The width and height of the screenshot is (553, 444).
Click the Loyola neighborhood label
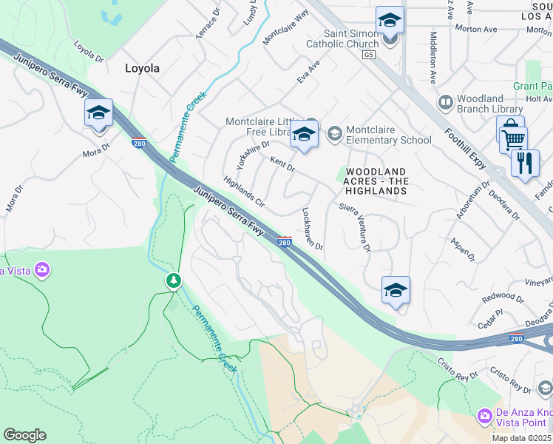pos(141,68)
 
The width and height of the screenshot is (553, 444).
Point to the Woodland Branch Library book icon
pos(446,101)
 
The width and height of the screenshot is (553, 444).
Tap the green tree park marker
pos(174,280)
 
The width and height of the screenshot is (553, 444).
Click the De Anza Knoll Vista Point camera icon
pos(484,417)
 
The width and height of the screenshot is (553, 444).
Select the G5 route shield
pos(369,55)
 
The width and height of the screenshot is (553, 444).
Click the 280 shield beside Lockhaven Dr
pos(284,242)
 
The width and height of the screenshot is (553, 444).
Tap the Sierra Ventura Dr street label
pos(356,228)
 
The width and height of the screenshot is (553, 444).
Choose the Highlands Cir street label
pos(244,190)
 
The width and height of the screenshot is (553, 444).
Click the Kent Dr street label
pos(282,164)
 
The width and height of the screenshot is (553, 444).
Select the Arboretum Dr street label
pos(473,200)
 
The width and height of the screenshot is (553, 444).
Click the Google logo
pos(24,435)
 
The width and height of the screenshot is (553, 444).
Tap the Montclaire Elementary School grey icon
pos(334,133)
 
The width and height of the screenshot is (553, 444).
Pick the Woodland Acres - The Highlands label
pos(376,181)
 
